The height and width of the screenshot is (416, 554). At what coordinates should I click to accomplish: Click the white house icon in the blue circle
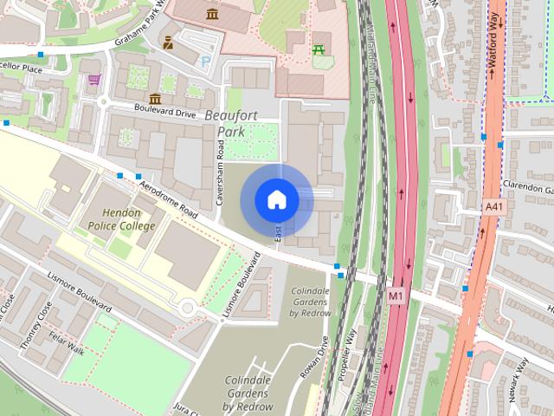point(276,199)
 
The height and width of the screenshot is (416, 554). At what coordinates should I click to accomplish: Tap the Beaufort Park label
point(232,123)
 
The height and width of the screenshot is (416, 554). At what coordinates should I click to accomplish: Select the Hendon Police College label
point(121,219)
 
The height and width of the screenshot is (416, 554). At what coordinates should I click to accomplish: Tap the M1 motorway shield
point(396,296)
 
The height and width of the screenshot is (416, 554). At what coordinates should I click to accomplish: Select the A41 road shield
point(493,207)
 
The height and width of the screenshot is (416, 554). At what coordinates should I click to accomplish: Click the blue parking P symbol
point(205,62)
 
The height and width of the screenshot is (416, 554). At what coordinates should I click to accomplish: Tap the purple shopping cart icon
point(93,81)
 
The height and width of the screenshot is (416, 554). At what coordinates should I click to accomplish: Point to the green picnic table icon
point(320,49)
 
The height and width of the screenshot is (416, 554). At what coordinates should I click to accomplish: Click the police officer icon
point(168,41)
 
